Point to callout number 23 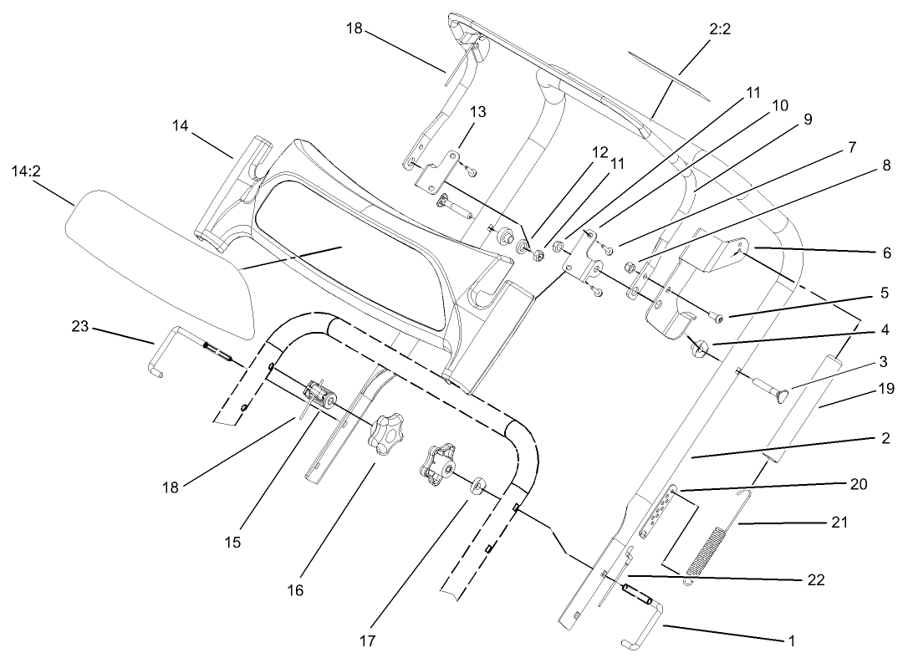coord(80,328)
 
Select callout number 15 coord(232,542)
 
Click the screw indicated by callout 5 coord(717,315)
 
